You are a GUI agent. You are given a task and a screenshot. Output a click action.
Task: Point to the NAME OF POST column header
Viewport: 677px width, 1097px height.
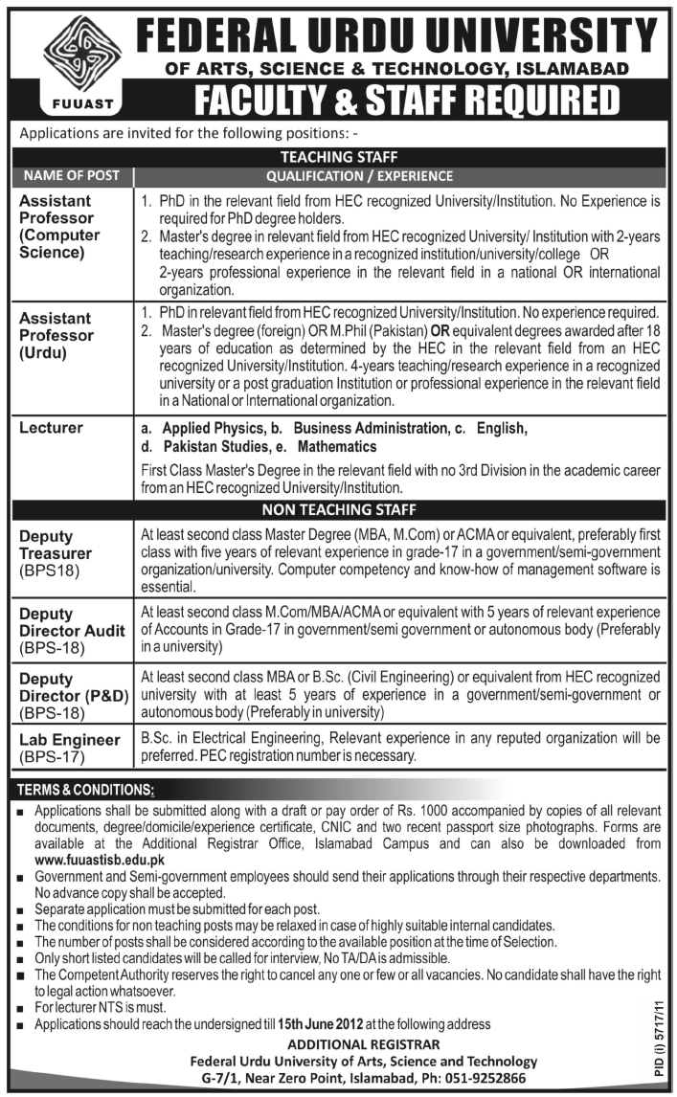(x=72, y=175)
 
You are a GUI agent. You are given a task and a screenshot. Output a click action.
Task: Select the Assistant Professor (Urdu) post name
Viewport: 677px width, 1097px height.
(x=58, y=335)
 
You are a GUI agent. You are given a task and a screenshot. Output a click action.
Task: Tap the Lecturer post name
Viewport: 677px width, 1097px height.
(x=52, y=429)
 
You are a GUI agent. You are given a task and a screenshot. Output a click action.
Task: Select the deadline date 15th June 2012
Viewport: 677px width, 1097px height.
(x=320, y=1024)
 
